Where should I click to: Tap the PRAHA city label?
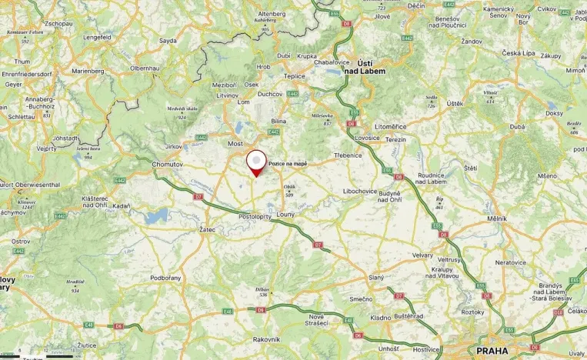tap(492, 351)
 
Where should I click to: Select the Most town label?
tap(235, 144)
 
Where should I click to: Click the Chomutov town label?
tap(167, 164)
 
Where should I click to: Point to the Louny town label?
tap(286, 214)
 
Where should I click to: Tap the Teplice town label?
tap(295, 75)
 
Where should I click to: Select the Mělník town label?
tap(497, 218)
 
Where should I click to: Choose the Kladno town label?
tap(359, 317)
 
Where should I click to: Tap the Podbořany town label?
tap(165, 277)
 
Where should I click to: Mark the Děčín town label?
tap(416, 5)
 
